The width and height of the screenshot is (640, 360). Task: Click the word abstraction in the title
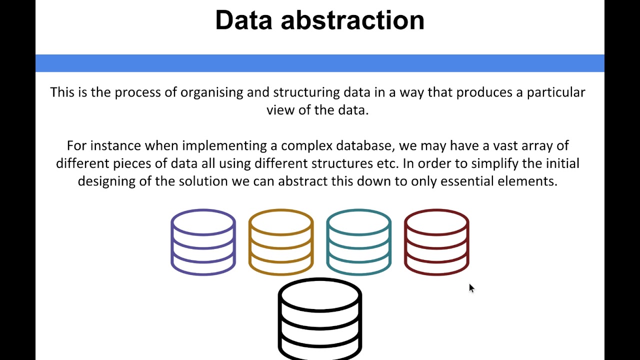(x=352, y=20)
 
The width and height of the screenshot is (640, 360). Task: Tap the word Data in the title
(x=244, y=20)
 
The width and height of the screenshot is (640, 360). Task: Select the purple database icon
(x=203, y=242)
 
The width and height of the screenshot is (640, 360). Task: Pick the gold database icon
(x=281, y=242)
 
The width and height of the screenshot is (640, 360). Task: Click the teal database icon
(x=358, y=242)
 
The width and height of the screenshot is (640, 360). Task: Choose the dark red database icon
(x=436, y=242)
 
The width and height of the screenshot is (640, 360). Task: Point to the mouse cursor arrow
(x=471, y=288)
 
